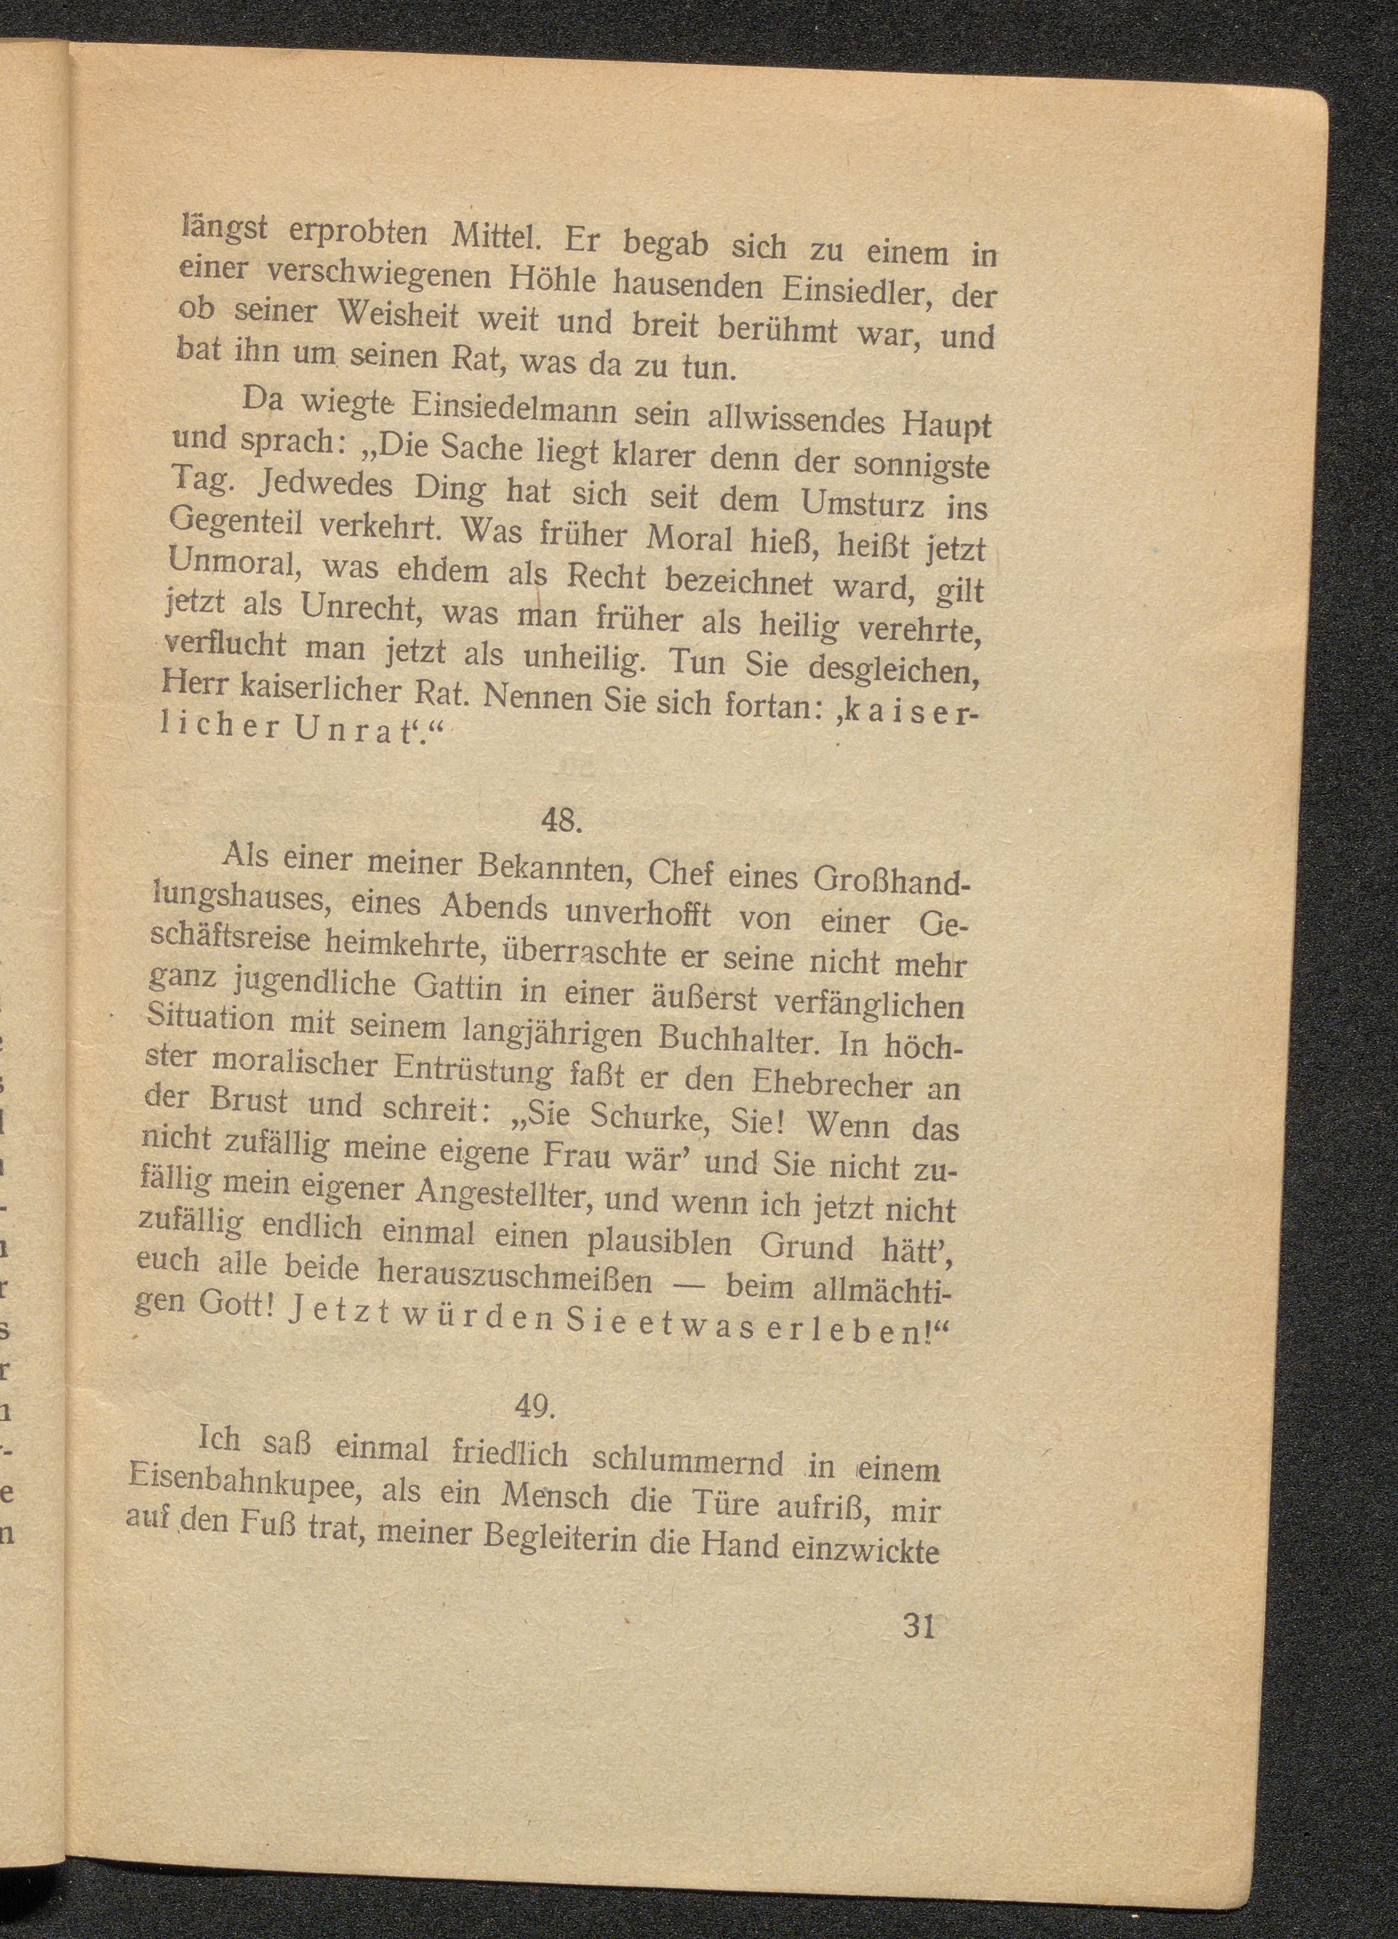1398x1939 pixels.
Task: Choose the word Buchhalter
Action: [x=744, y=1039]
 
